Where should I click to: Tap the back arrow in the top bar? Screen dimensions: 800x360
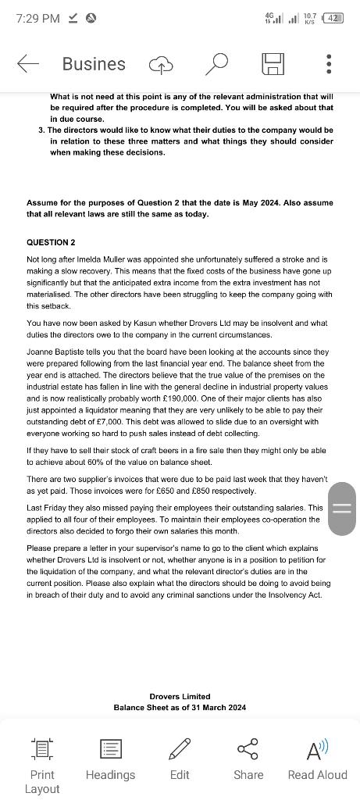28,64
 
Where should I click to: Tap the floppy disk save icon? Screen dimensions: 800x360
273,64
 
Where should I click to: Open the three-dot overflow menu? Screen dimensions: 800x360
329,64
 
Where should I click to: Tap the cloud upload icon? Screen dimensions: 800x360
161,65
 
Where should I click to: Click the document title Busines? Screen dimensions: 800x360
94,64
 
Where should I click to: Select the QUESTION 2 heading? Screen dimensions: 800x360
51,242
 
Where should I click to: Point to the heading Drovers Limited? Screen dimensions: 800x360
180,696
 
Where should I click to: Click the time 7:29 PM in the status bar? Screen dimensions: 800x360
37,18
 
